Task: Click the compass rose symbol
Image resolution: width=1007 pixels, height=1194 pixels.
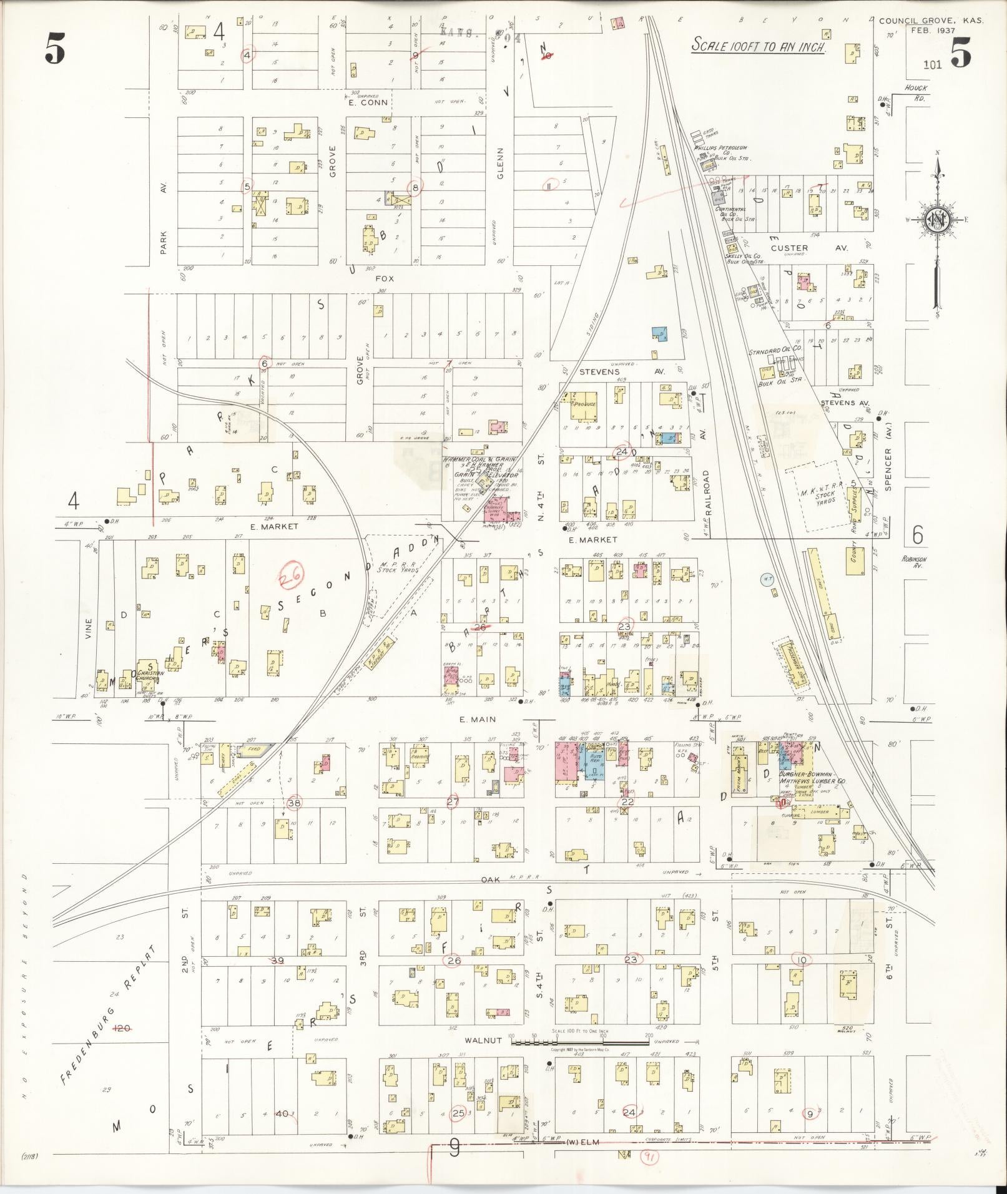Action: click(938, 219)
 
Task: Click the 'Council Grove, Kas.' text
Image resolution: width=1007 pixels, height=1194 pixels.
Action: click(930, 21)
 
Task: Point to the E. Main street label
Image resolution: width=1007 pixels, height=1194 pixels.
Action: click(478, 720)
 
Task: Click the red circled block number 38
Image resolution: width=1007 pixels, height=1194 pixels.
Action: click(294, 803)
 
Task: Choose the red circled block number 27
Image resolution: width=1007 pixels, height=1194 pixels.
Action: click(454, 801)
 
